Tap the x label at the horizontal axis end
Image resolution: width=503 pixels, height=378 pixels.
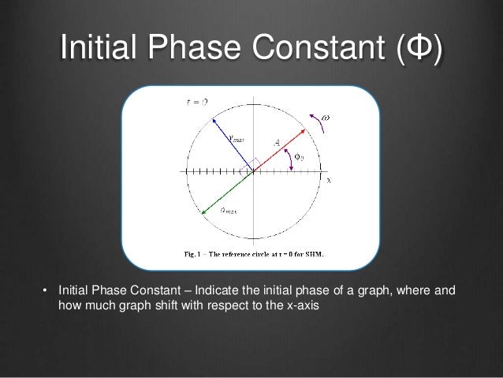pyautogui.click(x=329, y=180)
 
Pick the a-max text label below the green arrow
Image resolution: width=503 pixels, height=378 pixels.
pyautogui.click(x=229, y=211)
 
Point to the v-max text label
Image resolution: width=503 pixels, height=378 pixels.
pyautogui.click(x=236, y=137)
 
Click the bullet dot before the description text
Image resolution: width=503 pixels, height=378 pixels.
pyautogui.click(x=45, y=291)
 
